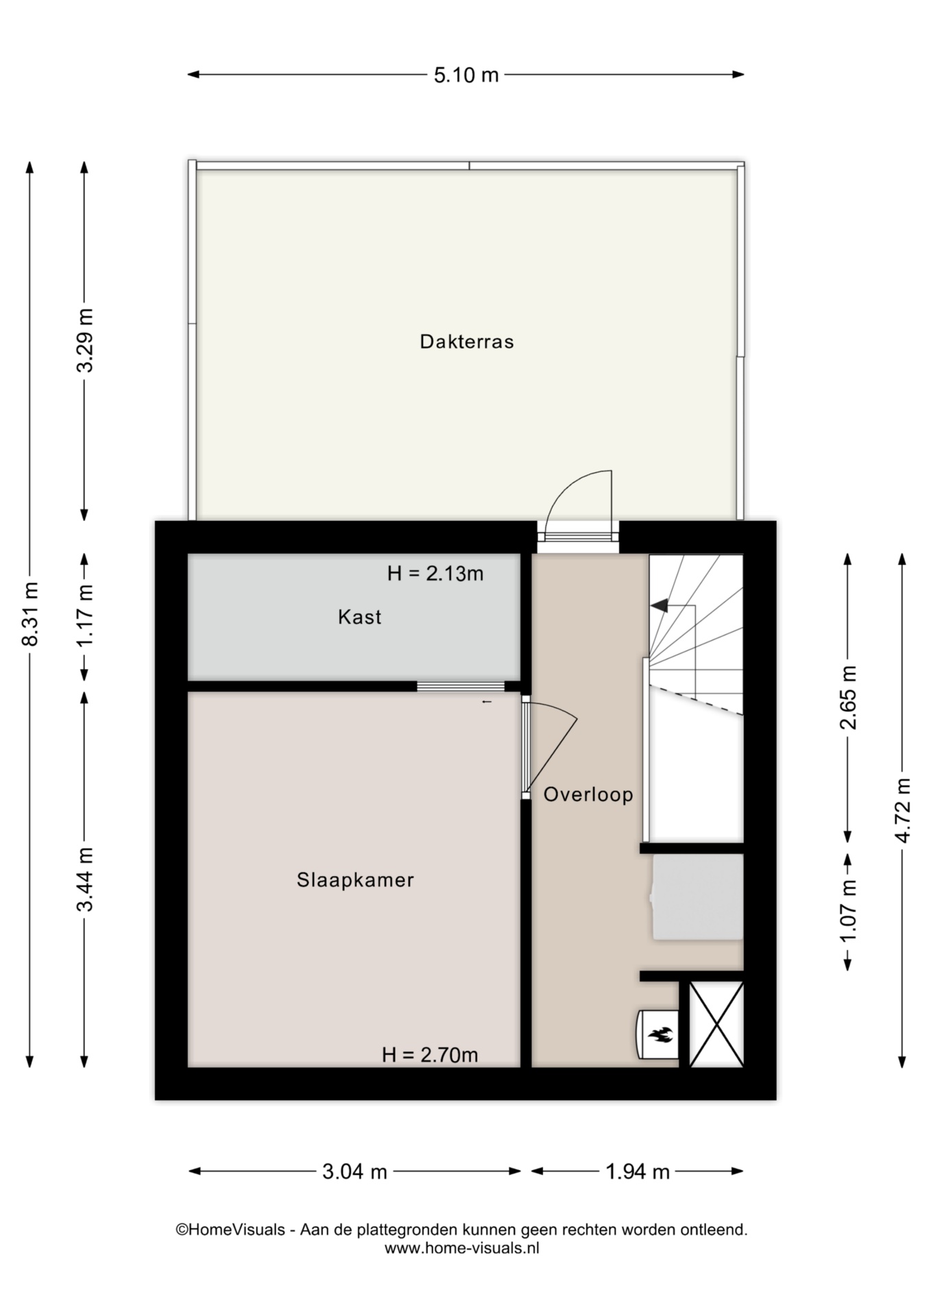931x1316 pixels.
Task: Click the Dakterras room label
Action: click(x=466, y=341)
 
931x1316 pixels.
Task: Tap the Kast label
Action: click(x=359, y=617)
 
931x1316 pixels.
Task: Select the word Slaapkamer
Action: click(x=355, y=879)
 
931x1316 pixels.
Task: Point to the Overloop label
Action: click(x=588, y=794)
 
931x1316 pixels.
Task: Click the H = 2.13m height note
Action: click(x=435, y=573)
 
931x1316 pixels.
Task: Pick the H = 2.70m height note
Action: click(x=430, y=1055)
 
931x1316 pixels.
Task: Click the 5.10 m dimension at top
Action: click(x=466, y=75)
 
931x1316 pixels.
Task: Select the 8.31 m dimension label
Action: click(x=30, y=613)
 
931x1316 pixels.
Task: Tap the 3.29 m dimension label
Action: click(x=85, y=341)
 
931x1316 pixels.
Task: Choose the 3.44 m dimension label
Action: click(x=85, y=879)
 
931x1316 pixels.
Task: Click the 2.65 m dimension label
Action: click(x=849, y=698)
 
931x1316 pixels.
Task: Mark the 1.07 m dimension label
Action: click(x=849, y=911)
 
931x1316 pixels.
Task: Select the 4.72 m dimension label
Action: click(x=903, y=810)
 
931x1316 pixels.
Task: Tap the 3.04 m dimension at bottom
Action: click(x=354, y=1171)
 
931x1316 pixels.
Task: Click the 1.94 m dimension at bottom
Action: click(x=638, y=1171)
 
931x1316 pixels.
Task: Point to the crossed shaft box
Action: click(x=716, y=1024)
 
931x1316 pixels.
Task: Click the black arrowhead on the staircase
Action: click(x=659, y=605)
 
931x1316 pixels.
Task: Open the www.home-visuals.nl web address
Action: click(x=462, y=1248)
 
